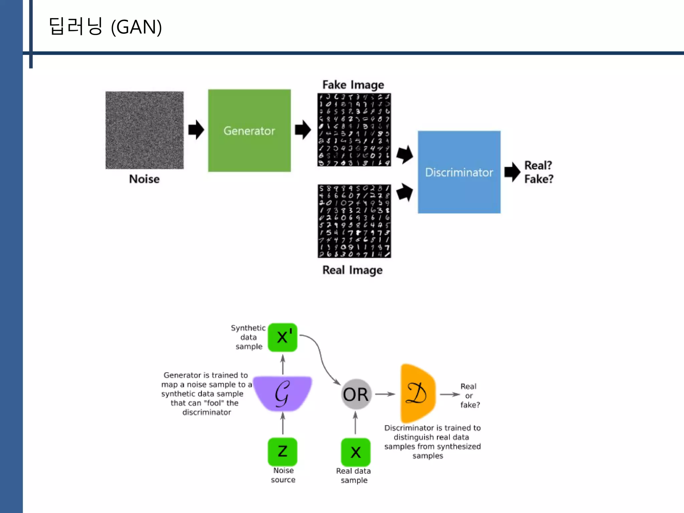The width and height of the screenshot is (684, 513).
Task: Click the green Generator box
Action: tap(249, 131)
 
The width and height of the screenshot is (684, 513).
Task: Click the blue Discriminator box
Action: tap(459, 172)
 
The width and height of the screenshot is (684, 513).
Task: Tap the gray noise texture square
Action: tap(144, 130)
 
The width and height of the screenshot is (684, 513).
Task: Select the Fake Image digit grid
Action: tap(354, 130)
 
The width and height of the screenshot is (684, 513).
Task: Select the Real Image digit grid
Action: tap(354, 221)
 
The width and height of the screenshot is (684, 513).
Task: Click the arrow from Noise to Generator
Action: tap(196, 130)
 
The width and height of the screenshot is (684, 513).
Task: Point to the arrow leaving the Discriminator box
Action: tap(512, 172)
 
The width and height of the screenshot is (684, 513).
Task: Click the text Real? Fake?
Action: tap(538, 172)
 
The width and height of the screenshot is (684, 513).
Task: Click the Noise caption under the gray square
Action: tap(144, 179)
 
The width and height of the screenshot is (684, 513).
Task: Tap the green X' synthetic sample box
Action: tap(283, 337)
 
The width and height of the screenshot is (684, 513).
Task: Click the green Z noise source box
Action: tap(283, 452)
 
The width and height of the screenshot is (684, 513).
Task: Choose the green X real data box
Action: tap(356, 452)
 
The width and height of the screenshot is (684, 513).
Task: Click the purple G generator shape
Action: tap(283, 393)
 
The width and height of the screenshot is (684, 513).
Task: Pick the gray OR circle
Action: tap(356, 394)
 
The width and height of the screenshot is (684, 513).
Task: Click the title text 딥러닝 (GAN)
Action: tap(106, 27)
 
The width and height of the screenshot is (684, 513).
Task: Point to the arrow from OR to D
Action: tap(385, 394)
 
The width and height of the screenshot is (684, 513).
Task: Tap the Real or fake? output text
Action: tap(470, 395)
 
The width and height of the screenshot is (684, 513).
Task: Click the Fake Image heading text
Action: tap(353, 85)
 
